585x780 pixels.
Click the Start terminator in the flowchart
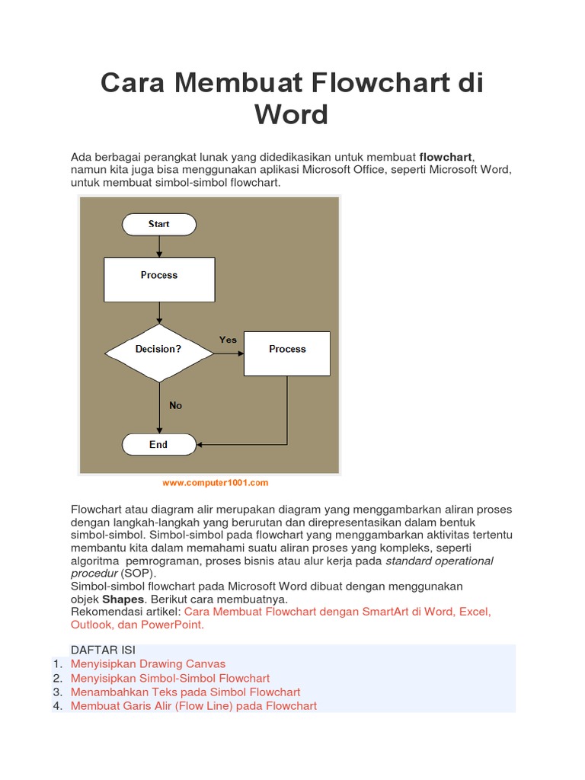coord(158,224)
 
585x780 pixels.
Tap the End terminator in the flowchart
coord(158,444)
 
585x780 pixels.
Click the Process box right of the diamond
coord(287,353)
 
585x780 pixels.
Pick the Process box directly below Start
coord(158,279)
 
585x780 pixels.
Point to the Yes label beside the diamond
coord(228,340)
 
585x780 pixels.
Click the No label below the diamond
coord(176,405)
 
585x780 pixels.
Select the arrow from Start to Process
coord(158,246)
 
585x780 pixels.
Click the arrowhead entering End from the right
coord(200,444)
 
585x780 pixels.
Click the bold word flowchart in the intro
coord(446,157)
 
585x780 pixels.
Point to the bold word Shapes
coord(123,599)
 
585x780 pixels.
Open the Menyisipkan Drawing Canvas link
coord(148,664)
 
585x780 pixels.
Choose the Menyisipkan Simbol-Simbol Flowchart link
coord(170,678)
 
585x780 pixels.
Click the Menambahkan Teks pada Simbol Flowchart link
coord(185,692)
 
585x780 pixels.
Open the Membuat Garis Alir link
coord(193,705)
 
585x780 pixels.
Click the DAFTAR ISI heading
coord(103,650)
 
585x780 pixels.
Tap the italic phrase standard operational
coord(440,561)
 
